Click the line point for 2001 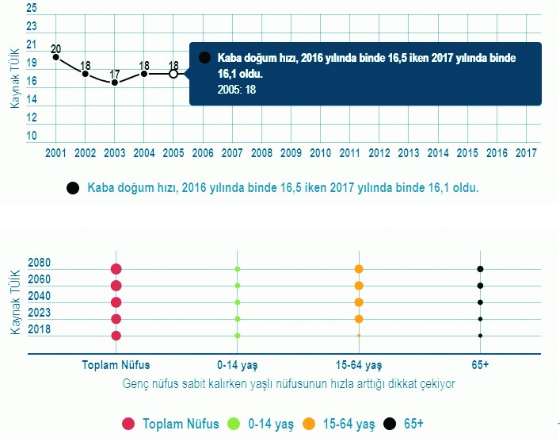[55, 57]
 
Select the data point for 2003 [115, 83]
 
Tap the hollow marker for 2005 [173, 74]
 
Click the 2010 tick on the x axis [320, 152]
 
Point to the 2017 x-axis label [525, 152]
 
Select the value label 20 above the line [55, 48]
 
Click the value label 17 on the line [114, 73]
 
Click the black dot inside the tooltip [205, 58]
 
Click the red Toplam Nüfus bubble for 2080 [116, 269]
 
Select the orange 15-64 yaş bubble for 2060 [359, 286]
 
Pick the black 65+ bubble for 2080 [480, 269]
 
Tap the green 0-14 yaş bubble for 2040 [238, 302]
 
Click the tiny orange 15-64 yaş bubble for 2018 [359, 336]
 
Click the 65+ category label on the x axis [480, 365]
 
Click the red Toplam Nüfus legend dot [128, 424]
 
